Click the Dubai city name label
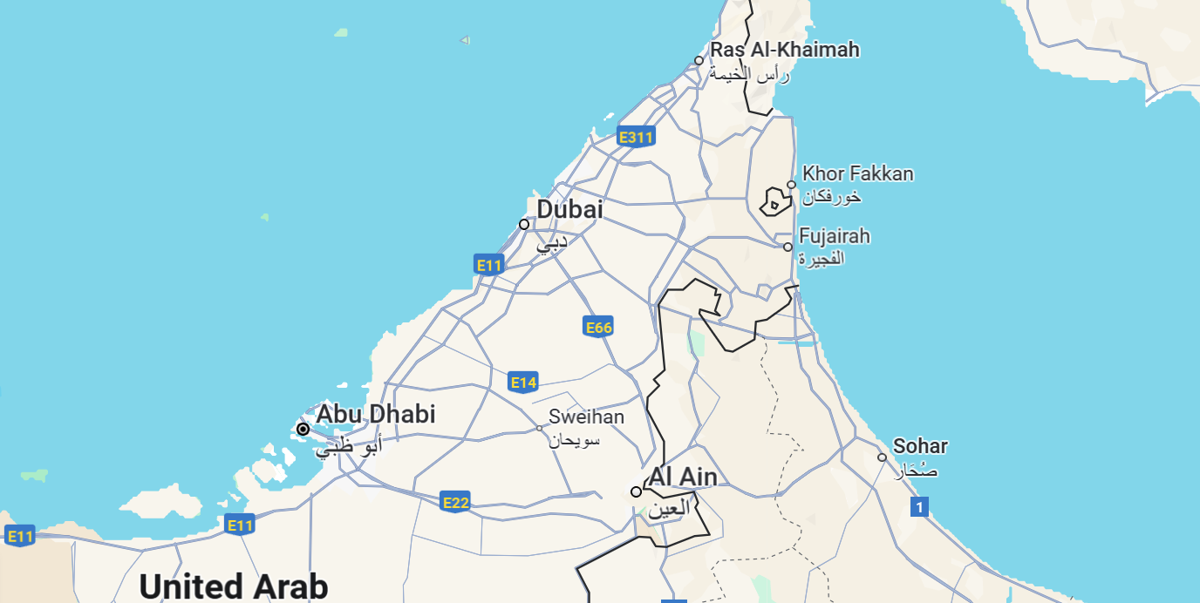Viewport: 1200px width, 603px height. point(569,210)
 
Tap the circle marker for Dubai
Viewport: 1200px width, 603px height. point(524,224)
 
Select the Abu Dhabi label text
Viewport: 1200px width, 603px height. point(375,414)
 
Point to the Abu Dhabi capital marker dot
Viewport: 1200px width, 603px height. point(303,429)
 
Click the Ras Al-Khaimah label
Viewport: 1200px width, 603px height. point(785,50)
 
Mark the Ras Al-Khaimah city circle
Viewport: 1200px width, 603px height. point(699,60)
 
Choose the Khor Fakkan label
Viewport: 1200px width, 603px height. point(857,174)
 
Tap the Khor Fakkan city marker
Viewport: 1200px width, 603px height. point(791,185)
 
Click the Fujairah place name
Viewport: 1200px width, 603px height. point(834,236)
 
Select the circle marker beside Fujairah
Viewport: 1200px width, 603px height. point(787,247)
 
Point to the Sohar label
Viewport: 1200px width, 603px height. point(920,446)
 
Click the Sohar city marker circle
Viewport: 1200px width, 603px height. point(882,457)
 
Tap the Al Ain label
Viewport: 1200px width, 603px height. point(683,478)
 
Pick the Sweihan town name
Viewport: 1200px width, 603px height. point(586,417)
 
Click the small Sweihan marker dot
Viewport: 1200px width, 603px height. point(539,428)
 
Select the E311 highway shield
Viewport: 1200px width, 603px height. point(635,137)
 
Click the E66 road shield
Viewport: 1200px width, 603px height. point(598,327)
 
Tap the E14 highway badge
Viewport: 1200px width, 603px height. point(523,382)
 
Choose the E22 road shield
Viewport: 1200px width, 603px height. point(455,502)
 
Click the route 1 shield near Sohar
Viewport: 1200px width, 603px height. point(919,506)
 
